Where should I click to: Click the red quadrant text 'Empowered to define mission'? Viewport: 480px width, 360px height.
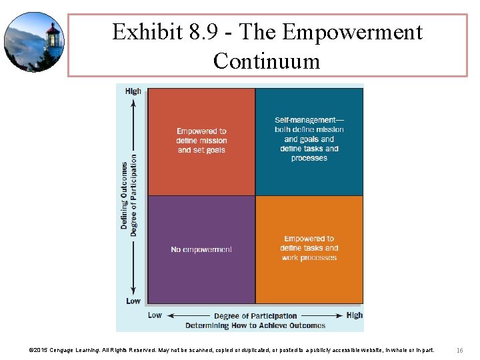[x=201, y=141]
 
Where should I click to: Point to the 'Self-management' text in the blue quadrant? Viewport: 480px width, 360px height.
[x=309, y=120]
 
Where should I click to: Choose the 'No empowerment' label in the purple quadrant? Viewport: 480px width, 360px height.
[x=201, y=249]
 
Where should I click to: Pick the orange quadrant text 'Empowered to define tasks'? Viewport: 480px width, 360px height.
[x=309, y=243]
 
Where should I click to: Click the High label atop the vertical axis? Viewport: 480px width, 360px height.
[x=133, y=91]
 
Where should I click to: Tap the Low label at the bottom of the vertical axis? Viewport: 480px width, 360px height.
[x=133, y=301]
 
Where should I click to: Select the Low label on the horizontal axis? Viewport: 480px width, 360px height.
[x=155, y=315]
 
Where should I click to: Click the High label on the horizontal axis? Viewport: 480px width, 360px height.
[x=355, y=315]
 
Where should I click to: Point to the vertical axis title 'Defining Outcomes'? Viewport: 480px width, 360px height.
[x=125, y=196]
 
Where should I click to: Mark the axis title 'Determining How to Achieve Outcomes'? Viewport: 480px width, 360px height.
[x=255, y=325]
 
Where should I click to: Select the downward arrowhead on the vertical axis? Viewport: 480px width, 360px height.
[x=133, y=291]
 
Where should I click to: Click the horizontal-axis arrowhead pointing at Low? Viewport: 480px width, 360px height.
[x=168, y=315]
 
